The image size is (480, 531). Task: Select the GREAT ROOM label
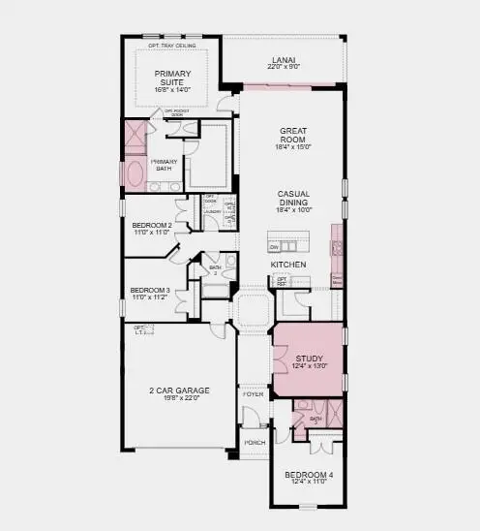(293, 136)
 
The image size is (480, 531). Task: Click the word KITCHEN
(288, 265)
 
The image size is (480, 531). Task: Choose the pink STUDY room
(308, 359)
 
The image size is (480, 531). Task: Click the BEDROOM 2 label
(152, 225)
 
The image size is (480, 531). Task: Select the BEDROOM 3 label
(151, 290)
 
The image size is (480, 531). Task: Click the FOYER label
(253, 394)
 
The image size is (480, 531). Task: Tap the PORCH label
(255, 443)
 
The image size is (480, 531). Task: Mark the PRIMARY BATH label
(165, 165)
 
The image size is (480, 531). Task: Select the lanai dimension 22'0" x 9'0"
(282, 68)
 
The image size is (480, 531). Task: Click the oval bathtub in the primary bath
(134, 175)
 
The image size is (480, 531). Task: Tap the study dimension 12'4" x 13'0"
(308, 366)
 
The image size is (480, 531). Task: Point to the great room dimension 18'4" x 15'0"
(293, 148)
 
